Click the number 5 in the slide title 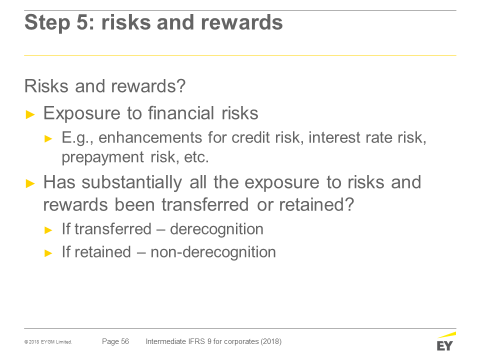point(82,22)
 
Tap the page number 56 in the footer point(125,341)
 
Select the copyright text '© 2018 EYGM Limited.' point(48,342)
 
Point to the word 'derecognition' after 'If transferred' point(216,229)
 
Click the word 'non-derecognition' point(213,252)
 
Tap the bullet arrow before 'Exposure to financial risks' point(30,115)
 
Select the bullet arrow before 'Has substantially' point(30,183)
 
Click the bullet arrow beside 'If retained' point(48,253)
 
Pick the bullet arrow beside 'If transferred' point(48,230)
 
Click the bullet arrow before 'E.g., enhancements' point(48,138)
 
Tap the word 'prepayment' point(102,157)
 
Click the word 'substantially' point(131,183)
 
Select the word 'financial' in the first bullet point(181,113)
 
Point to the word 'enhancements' point(150,137)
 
